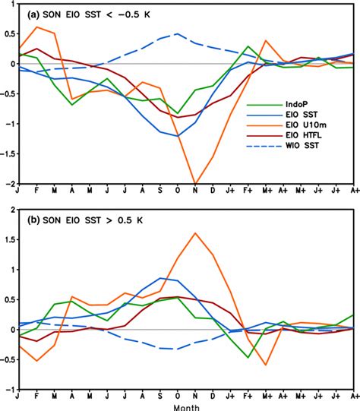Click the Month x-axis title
(187, 406)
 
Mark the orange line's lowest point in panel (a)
(196, 183)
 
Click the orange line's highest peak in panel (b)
(196, 233)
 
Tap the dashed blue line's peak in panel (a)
(178, 33)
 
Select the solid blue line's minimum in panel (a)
(178, 136)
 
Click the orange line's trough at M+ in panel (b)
(267, 365)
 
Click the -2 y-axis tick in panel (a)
(8, 183)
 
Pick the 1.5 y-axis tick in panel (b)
(8, 239)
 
